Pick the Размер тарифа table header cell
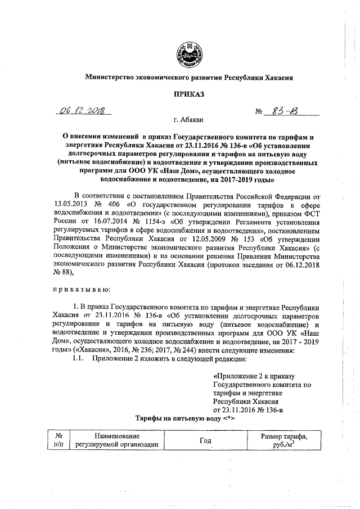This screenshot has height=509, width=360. pyautogui.click(x=283, y=440)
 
